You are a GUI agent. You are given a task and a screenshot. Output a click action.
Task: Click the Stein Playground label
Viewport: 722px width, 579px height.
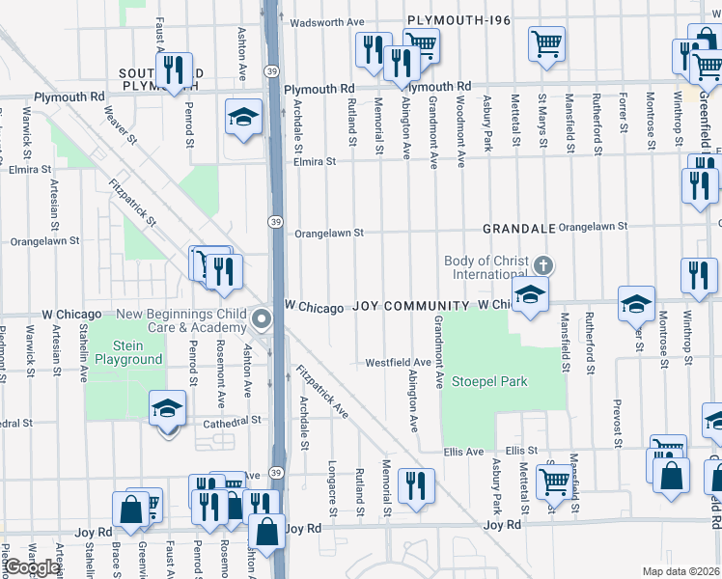tap(125, 352)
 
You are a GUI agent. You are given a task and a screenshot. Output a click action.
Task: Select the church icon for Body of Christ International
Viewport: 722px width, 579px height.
tap(543, 264)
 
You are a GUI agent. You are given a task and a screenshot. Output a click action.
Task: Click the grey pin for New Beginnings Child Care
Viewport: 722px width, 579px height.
tap(261, 319)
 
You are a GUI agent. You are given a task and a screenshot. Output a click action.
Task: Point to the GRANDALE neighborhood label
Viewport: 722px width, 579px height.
tap(519, 229)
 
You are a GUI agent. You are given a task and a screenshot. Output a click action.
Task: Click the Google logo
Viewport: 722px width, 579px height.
tap(31, 567)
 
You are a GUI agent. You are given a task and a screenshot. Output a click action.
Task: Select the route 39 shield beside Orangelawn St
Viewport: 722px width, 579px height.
tap(275, 223)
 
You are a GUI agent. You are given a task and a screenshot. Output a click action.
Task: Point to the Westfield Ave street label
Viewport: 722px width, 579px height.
tap(398, 363)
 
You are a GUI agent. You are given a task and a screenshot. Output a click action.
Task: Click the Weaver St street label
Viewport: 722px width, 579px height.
tap(116, 127)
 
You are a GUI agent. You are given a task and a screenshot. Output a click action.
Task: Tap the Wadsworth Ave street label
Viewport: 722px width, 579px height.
tap(326, 21)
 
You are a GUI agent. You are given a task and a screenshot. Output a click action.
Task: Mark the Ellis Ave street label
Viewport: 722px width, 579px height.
tap(463, 451)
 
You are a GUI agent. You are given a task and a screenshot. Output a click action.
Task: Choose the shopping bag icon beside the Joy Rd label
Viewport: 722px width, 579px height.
tap(267, 530)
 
